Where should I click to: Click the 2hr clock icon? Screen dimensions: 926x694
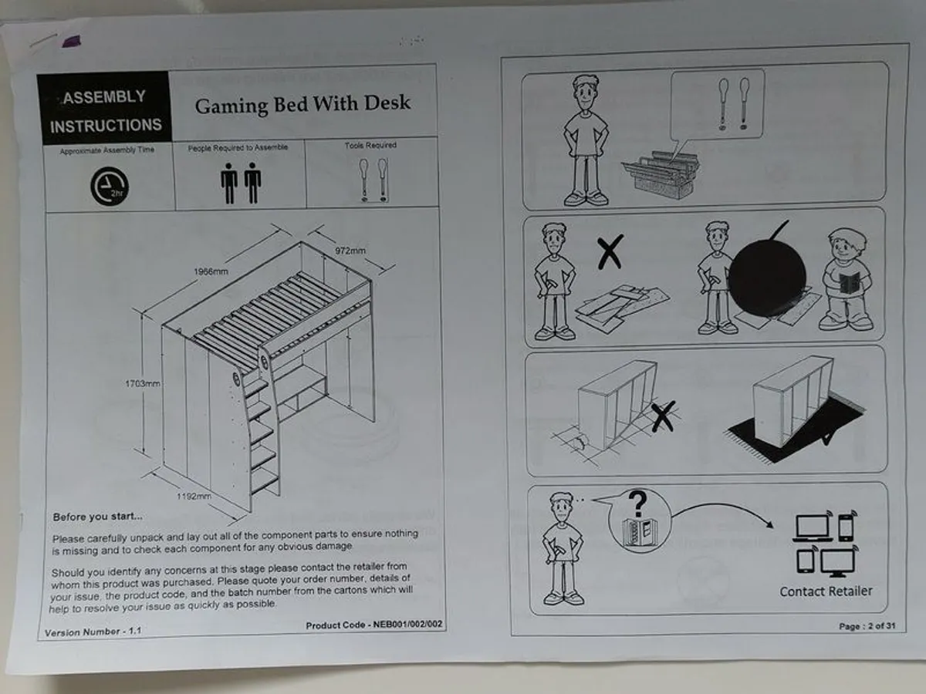tap(110, 187)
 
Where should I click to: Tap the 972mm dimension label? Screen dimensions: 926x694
tap(350, 251)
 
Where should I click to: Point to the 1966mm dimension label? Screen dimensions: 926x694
tap(211, 271)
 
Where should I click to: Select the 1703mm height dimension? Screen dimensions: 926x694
tap(143, 383)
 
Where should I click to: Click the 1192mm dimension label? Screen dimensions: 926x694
tap(194, 496)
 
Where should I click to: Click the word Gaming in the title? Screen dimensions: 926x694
tap(231, 106)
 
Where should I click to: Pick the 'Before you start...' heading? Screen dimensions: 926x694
tap(97, 517)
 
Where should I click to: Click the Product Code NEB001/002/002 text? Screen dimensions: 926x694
tap(374, 625)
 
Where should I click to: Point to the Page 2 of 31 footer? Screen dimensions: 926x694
tap(867, 626)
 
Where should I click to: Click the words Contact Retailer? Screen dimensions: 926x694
tap(826, 591)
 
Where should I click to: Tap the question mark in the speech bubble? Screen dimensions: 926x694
tap(637, 503)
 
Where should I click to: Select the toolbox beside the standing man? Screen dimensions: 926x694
tap(661, 175)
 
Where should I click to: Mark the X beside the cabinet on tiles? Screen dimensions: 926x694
tap(663, 416)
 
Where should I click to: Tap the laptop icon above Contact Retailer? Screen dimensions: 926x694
tap(813, 528)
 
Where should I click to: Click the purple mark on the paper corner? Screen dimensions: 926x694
tap(71, 42)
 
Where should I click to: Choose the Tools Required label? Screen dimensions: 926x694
tap(370, 146)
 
